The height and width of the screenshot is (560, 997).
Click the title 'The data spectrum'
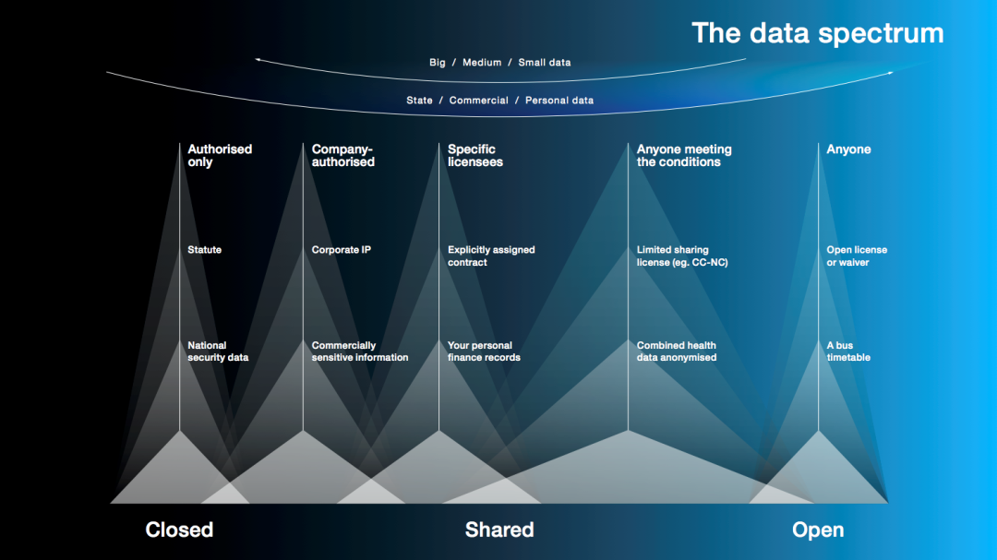coord(818,34)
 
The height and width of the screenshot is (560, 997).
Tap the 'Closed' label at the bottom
coord(179,530)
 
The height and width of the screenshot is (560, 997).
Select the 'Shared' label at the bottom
coord(499,530)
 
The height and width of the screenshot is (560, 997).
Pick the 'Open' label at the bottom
coord(818,530)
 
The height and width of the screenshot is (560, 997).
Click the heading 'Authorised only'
coord(220,156)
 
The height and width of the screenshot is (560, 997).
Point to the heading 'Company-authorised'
coord(342,156)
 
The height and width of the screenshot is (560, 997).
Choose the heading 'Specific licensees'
coord(475,156)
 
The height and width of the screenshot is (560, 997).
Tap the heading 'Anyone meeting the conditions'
coord(684,156)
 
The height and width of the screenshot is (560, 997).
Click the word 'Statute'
coord(204,250)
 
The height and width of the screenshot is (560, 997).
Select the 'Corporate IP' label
coord(341,250)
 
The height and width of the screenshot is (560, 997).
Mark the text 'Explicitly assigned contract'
coord(491,256)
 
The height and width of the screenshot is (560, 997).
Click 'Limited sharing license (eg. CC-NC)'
coord(682,256)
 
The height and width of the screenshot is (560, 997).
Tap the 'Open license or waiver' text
coord(857,256)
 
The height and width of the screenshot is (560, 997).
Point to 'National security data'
coord(218,351)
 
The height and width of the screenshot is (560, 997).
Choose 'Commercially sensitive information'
coord(360,351)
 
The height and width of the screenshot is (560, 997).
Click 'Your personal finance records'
coord(484,351)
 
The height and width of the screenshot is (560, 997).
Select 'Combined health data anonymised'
coord(677,351)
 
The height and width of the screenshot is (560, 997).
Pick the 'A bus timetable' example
coord(848,351)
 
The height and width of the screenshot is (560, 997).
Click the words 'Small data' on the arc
coord(545,63)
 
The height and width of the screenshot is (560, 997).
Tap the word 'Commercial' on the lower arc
coord(479,101)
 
